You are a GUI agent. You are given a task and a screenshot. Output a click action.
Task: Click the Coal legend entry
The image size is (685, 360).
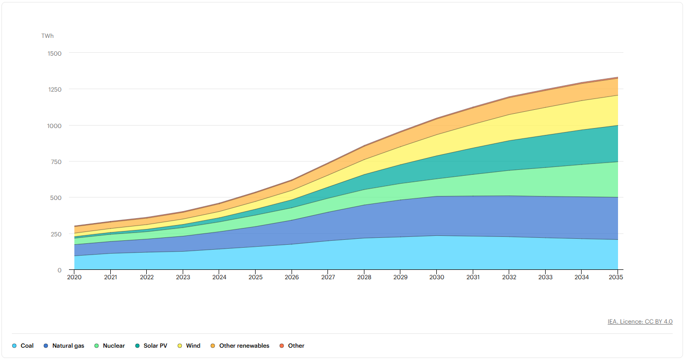click(x=23, y=346)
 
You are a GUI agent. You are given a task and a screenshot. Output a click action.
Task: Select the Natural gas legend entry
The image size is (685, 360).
click(x=64, y=346)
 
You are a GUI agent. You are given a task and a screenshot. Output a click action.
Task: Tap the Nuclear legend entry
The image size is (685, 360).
click(x=109, y=346)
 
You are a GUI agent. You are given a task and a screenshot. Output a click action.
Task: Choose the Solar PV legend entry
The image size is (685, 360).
click(x=151, y=346)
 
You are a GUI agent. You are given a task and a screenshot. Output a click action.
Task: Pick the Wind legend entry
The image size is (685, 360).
click(x=189, y=346)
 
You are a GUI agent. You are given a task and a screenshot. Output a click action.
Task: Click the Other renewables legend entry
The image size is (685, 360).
click(x=240, y=346)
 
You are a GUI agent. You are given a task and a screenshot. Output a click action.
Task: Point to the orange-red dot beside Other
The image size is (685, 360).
click(x=282, y=346)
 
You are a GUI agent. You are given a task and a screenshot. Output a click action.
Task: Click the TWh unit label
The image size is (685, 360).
click(x=48, y=36)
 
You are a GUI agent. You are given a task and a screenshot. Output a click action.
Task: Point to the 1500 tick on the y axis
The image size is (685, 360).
click(x=55, y=53)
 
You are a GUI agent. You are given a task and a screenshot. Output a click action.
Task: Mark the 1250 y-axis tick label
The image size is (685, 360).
click(x=55, y=90)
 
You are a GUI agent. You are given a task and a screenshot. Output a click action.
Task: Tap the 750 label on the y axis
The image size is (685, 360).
click(x=56, y=162)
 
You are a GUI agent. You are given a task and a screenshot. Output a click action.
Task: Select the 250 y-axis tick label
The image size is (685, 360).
click(x=56, y=234)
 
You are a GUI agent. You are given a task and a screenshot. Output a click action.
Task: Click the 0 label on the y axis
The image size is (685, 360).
click(x=60, y=270)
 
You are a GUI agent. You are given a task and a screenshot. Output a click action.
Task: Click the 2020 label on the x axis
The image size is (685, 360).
click(x=74, y=277)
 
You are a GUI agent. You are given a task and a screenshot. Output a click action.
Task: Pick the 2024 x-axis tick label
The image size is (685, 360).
click(x=219, y=277)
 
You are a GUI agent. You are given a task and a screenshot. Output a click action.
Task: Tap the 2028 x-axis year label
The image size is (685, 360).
click(x=364, y=277)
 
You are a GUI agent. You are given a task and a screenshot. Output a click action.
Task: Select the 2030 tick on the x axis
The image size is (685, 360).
click(x=436, y=277)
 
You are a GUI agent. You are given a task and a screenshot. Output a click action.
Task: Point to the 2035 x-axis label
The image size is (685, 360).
click(x=616, y=277)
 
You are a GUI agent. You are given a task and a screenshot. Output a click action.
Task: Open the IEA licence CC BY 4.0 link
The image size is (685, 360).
click(x=640, y=322)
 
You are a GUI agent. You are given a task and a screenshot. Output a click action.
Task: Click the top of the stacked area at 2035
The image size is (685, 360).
click(x=618, y=77)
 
